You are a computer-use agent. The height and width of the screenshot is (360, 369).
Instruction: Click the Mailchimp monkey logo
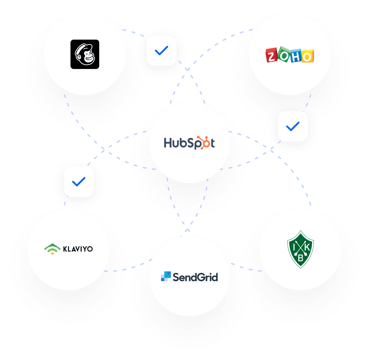[85, 54]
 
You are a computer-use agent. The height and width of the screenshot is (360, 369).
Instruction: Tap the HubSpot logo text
[189, 143]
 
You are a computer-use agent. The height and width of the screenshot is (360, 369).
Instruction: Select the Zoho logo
[290, 55]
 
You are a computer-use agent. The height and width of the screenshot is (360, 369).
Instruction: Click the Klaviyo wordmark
[78, 249]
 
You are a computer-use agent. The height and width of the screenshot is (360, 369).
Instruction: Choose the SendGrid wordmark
[195, 277]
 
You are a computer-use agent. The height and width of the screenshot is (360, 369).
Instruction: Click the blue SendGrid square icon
[166, 276]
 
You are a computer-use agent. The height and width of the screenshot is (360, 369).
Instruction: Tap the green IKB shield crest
[300, 249]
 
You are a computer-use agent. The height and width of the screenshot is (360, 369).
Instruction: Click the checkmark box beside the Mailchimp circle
[161, 51]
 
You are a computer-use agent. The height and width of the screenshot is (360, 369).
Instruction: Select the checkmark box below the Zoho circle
[293, 126]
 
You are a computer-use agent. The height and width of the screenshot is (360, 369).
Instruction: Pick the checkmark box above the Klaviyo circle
[79, 182]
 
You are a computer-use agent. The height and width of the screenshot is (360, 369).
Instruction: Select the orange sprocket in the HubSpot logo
[204, 143]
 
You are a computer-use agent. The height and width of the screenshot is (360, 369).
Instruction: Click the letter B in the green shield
[300, 258]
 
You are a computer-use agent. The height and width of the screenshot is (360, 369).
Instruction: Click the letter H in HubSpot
[168, 142]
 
